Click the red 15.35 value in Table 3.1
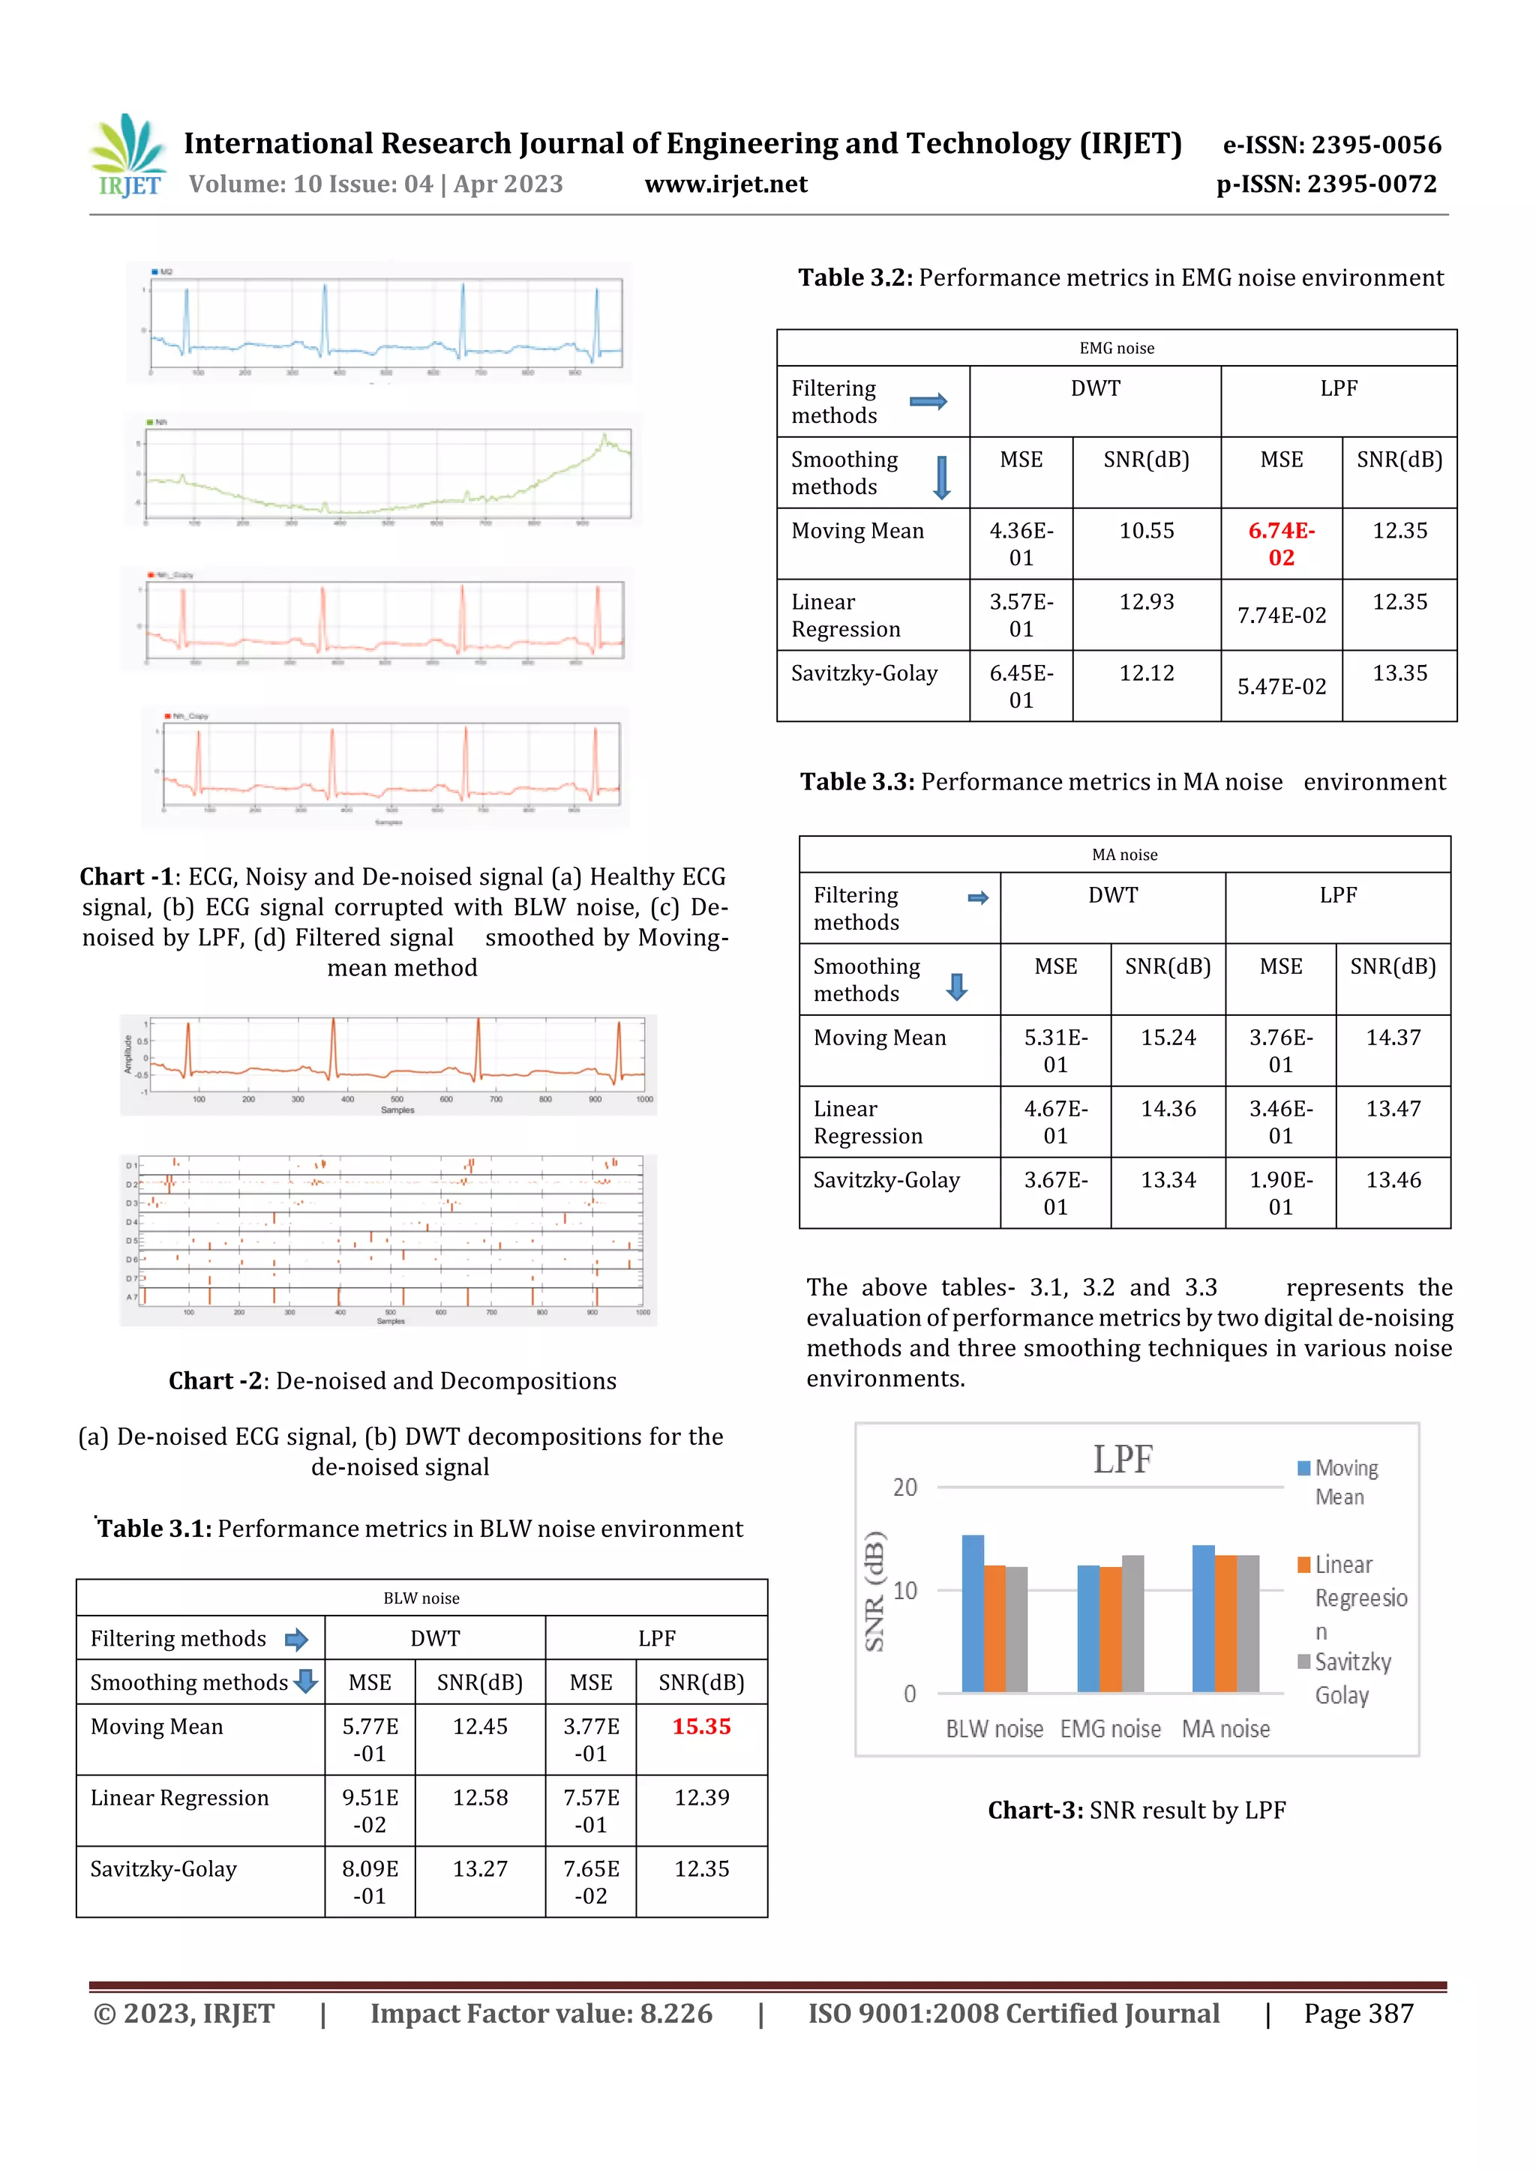[701, 1727]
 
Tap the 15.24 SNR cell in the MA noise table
[1168, 1038]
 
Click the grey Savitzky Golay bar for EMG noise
[1132, 1623]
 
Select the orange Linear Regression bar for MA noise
[1225, 1623]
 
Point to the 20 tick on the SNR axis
[904, 1488]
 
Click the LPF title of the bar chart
[1123, 1460]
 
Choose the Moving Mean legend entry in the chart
[1337, 1482]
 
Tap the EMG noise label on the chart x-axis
[1110, 1729]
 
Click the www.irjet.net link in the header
[726, 184]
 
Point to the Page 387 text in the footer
[1358, 2014]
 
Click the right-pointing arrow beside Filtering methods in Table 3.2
[928, 402]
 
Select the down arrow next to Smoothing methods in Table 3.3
[957, 987]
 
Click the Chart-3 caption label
[1034, 1811]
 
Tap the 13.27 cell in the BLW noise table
[480, 1869]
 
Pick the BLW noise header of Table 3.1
[421, 1598]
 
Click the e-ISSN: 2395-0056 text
[1331, 145]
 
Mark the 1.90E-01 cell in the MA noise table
[1280, 1193]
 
